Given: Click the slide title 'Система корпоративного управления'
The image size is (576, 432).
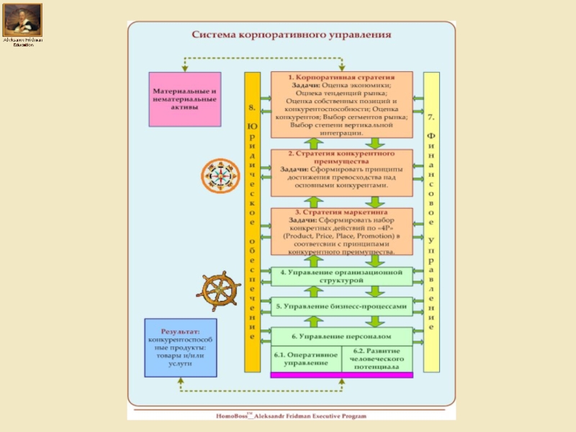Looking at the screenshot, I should tap(291, 34).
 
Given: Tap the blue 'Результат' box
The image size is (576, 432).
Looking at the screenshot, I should tap(180, 347).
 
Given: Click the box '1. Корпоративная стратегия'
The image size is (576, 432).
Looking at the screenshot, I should tap(342, 104).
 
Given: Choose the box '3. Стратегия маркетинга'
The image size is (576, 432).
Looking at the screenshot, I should tap(342, 233).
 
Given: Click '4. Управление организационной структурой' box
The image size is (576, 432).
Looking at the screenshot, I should tap(342, 276).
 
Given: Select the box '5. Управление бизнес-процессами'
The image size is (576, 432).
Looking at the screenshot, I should tap(342, 306).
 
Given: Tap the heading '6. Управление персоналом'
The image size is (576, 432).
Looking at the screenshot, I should tap(342, 336).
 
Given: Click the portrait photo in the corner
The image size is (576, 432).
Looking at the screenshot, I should tap(22, 20).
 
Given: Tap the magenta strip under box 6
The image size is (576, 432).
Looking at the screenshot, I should tap(342, 374).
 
